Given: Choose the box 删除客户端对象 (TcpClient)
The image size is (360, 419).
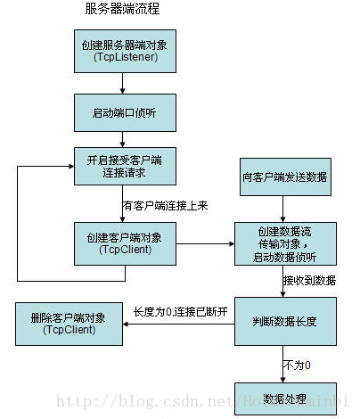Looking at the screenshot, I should point(68,324).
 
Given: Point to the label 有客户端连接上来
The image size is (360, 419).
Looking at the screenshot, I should point(164,205).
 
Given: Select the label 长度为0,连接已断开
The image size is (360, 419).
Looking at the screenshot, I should point(181,311).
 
